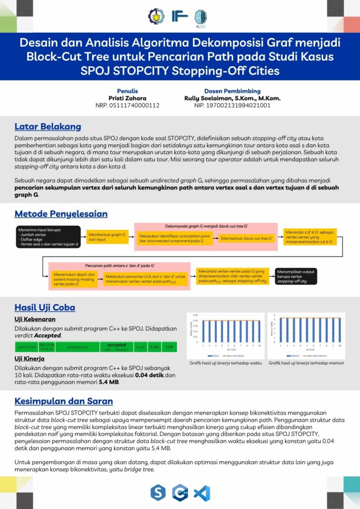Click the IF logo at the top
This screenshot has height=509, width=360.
point(180,16)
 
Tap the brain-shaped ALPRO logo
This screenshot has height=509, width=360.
point(200,17)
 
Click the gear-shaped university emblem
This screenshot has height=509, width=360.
point(156,16)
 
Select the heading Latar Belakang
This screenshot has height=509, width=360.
point(48,126)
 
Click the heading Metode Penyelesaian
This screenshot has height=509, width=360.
point(61,214)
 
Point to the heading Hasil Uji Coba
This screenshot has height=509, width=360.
point(45,307)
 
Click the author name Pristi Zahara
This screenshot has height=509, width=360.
point(127,98)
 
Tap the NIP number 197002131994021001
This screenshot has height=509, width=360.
point(232,105)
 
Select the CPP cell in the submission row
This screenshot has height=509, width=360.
point(170,346)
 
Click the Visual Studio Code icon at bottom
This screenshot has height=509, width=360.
point(202,493)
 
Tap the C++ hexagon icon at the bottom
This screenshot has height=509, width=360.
point(180,493)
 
